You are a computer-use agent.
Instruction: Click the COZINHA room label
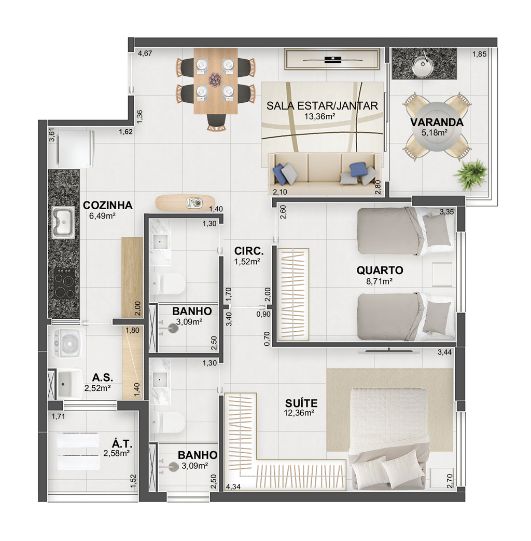[107, 205]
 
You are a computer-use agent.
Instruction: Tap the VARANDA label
[437, 122]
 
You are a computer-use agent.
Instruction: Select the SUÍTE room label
[301, 403]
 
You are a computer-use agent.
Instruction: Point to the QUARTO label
[380, 270]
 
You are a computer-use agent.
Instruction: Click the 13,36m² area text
[320, 116]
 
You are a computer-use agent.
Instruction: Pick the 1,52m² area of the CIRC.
[247, 262]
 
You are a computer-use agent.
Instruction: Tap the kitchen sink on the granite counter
[63, 222]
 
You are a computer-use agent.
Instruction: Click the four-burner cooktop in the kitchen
[64, 283]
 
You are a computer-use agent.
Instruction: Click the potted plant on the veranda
[470, 174]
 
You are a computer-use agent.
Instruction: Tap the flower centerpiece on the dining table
[215, 79]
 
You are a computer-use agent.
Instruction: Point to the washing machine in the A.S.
[67, 342]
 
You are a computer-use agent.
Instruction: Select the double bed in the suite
[389, 438]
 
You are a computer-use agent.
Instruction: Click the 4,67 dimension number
[145, 53]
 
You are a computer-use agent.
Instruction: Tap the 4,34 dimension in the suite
[233, 487]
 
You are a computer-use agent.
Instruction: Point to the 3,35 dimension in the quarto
[446, 212]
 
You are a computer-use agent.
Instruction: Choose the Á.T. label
[122, 443]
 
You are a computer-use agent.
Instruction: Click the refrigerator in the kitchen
[76, 148]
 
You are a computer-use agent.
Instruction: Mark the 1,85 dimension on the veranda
[479, 54]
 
